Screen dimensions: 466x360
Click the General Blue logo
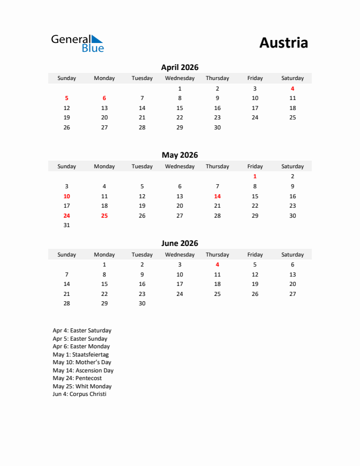coord(77,43)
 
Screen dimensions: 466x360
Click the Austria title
coord(283,43)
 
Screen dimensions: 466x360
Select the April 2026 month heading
coord(179,68)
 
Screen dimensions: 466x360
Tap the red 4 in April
coord(292,89)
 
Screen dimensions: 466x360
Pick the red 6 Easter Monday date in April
coord(104,98)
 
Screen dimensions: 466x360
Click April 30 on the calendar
coord(217,127)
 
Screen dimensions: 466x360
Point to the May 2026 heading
coord(179,155)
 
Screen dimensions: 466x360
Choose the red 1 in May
coord(255,177)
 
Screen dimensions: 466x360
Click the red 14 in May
coord(217,196)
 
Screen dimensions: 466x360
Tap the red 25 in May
coord(104,215)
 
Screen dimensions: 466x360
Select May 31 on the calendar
coord(66,225)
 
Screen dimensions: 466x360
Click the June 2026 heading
coord(179,244)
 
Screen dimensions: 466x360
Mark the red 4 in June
coord(217,265)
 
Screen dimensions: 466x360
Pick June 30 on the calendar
coord(142,304)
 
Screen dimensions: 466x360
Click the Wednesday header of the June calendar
coord(179,255)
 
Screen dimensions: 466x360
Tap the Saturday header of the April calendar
coord(292,78)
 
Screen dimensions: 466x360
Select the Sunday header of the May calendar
coord(66,167)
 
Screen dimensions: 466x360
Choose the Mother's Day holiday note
coord(82,362)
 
